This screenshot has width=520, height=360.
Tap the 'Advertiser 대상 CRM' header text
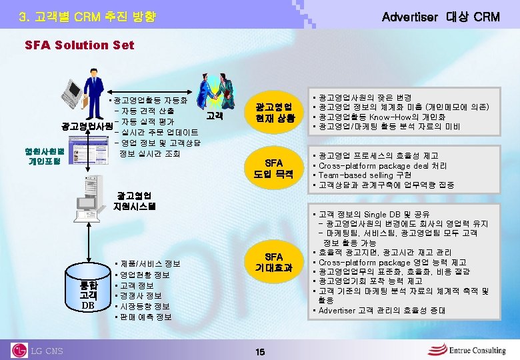click(x=440, y=17)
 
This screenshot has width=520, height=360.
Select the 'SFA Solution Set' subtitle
click(x=79, y=45)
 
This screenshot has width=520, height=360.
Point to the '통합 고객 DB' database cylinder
click(x=88, y=287)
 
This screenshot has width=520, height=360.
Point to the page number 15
click(x=260, y=351)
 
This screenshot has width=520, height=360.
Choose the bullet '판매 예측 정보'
click(x=146, y=317)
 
